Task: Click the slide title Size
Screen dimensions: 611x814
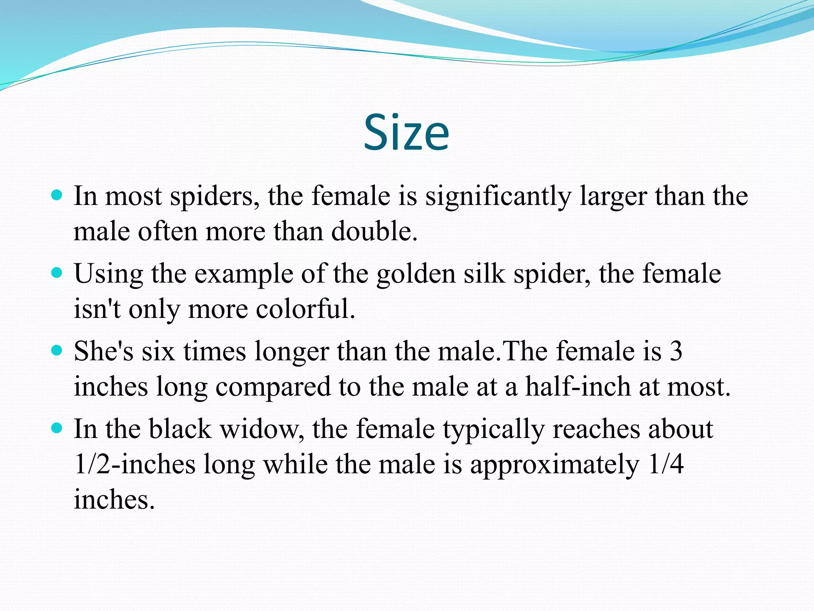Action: [406, 132]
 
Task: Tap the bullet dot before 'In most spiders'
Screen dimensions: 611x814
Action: [58, 195]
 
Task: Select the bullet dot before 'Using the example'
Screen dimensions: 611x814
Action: [58, 273]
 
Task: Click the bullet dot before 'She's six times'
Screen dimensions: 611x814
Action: [58, 350]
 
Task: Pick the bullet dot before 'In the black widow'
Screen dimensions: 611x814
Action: [58, 428]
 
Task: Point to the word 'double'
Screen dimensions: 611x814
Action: [374, 231]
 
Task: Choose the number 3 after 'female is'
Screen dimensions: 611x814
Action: [676, 351]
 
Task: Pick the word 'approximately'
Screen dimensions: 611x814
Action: [555, 465]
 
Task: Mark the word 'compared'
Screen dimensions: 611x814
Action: [273, 387]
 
